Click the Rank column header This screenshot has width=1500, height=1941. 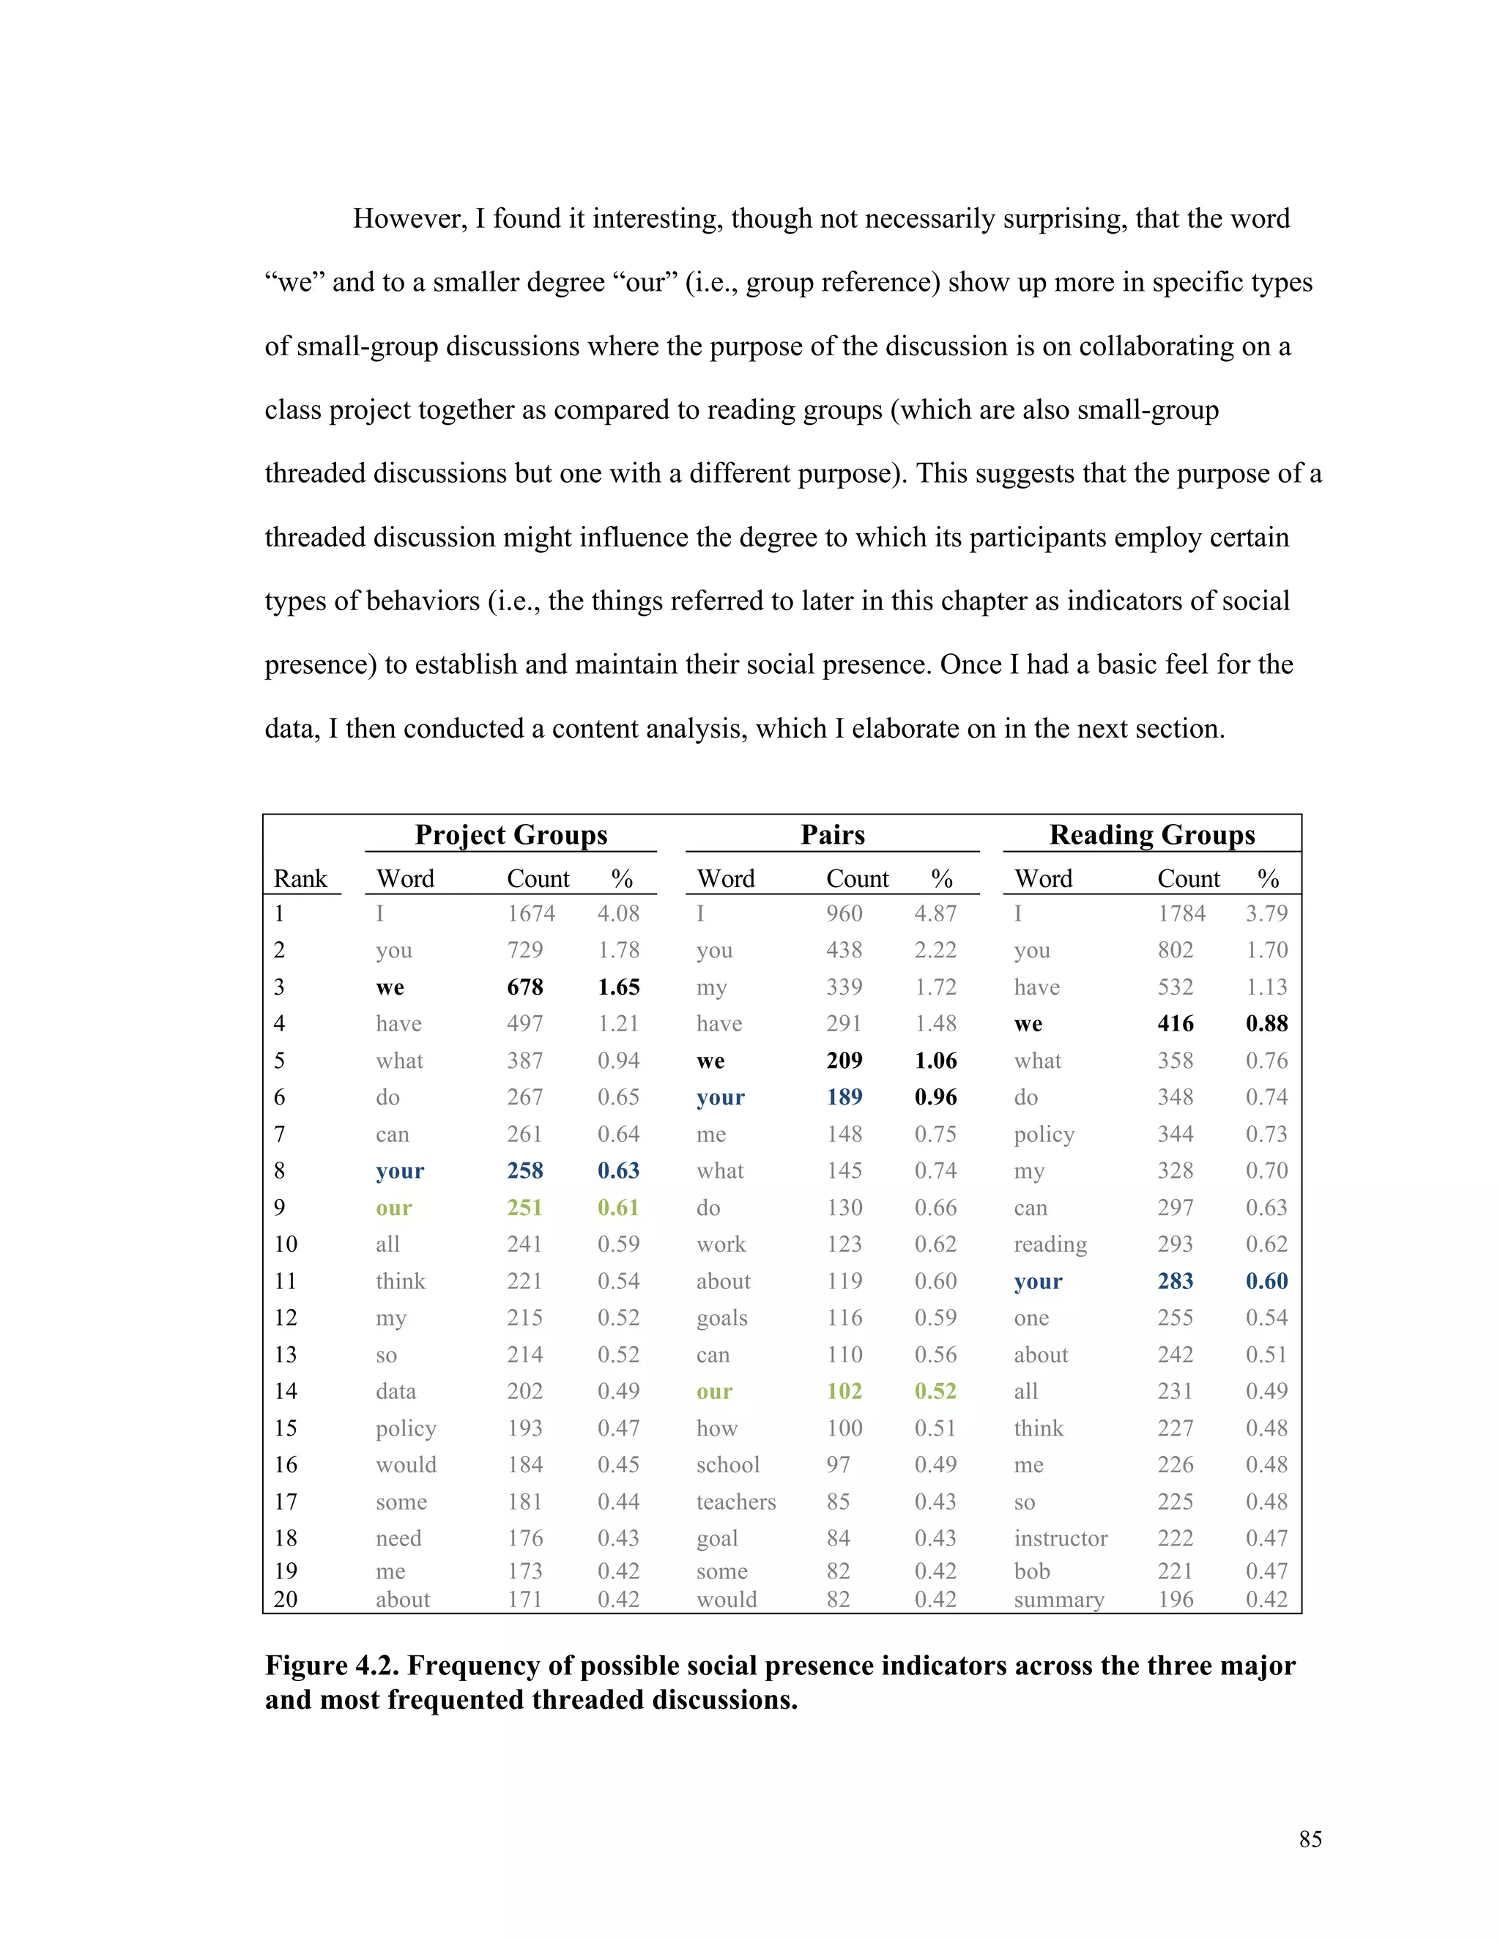pyautogui.click(x=300, y=879)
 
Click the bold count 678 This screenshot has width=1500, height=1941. pyautogui.click(x=524, y=987)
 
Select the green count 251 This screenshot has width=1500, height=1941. pyautogui.click(x=524, y=1208)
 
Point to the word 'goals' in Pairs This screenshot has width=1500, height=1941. pyautogui.click(x=721, y=1318)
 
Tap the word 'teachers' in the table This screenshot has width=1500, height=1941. pyautogui.click(x=736, y=1502)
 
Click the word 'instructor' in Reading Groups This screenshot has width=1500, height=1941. pyautogui.click(x=1060, y=1538)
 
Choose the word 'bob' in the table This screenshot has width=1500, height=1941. pyautogui.click(x=1032, y=1571)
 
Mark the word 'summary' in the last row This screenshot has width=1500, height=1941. pyautogui.click(x=1058, y=1600)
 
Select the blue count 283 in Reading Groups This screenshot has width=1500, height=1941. pyautogui.click(x=1175, y=1282)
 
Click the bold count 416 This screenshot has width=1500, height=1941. pyautogui.click(x=1175, y=1024)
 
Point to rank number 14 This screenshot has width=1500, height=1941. pyautogui.click(x=285, y=1392)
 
